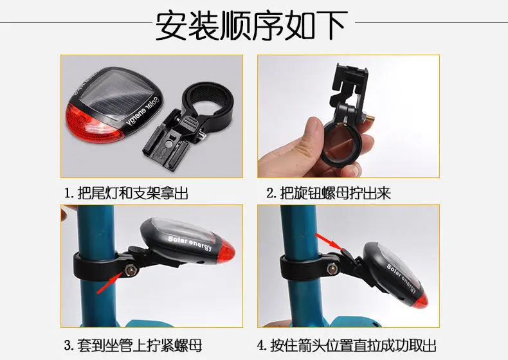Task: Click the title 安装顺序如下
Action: [x=251, y=25]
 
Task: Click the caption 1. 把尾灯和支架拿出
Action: [x=126, y=193]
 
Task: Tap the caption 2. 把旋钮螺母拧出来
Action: [x=329, y=193]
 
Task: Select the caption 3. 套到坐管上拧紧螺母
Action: [x=133, y=345]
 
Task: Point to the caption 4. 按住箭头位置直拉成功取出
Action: [x=347, y=345]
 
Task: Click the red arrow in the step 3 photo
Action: [x=111, y=282]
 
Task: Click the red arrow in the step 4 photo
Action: [x=329, y=242]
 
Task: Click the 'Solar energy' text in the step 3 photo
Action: [x=190, y=244]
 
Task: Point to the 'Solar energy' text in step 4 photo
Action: [x=402, y=278]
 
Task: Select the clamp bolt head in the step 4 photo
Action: [x=332, y=269]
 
